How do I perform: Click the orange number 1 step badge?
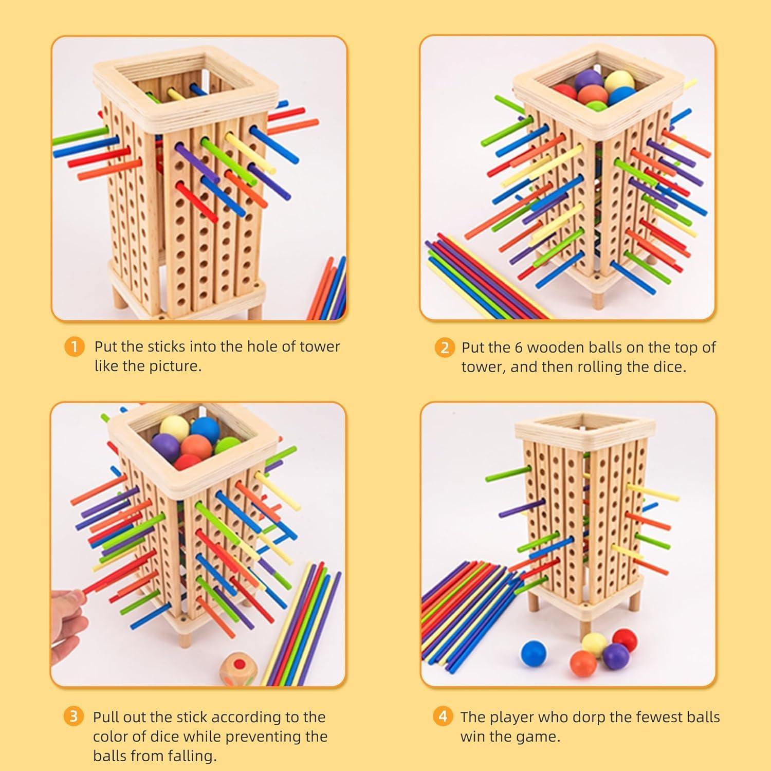(74, 346)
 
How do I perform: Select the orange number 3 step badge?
(74, 717)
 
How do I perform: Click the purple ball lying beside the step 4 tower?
(615, 656)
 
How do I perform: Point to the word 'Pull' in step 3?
(106, 717)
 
